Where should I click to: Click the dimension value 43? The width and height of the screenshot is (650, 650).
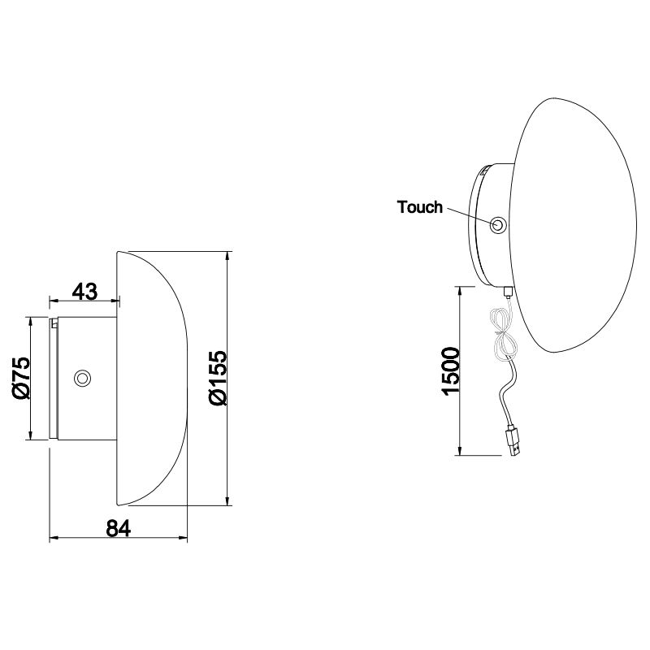click(x=84, y=291)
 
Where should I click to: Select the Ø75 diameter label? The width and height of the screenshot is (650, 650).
click(x=21, y=377)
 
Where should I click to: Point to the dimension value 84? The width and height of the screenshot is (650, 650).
click(x=119, y=527)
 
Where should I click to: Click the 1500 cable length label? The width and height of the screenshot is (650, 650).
click(x=449, y=370)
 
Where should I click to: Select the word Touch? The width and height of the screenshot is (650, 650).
click(x=420, y=207)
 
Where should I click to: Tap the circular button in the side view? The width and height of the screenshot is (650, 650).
click(x=82, y=378)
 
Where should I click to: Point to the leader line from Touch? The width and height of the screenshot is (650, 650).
click(x=469, y=214)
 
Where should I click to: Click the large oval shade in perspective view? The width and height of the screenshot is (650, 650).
click(x=569, y=227)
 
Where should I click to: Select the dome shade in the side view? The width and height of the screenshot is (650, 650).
click(x=154, y=378)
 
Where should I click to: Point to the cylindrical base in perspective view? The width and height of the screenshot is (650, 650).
click(x=492, y=227)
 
